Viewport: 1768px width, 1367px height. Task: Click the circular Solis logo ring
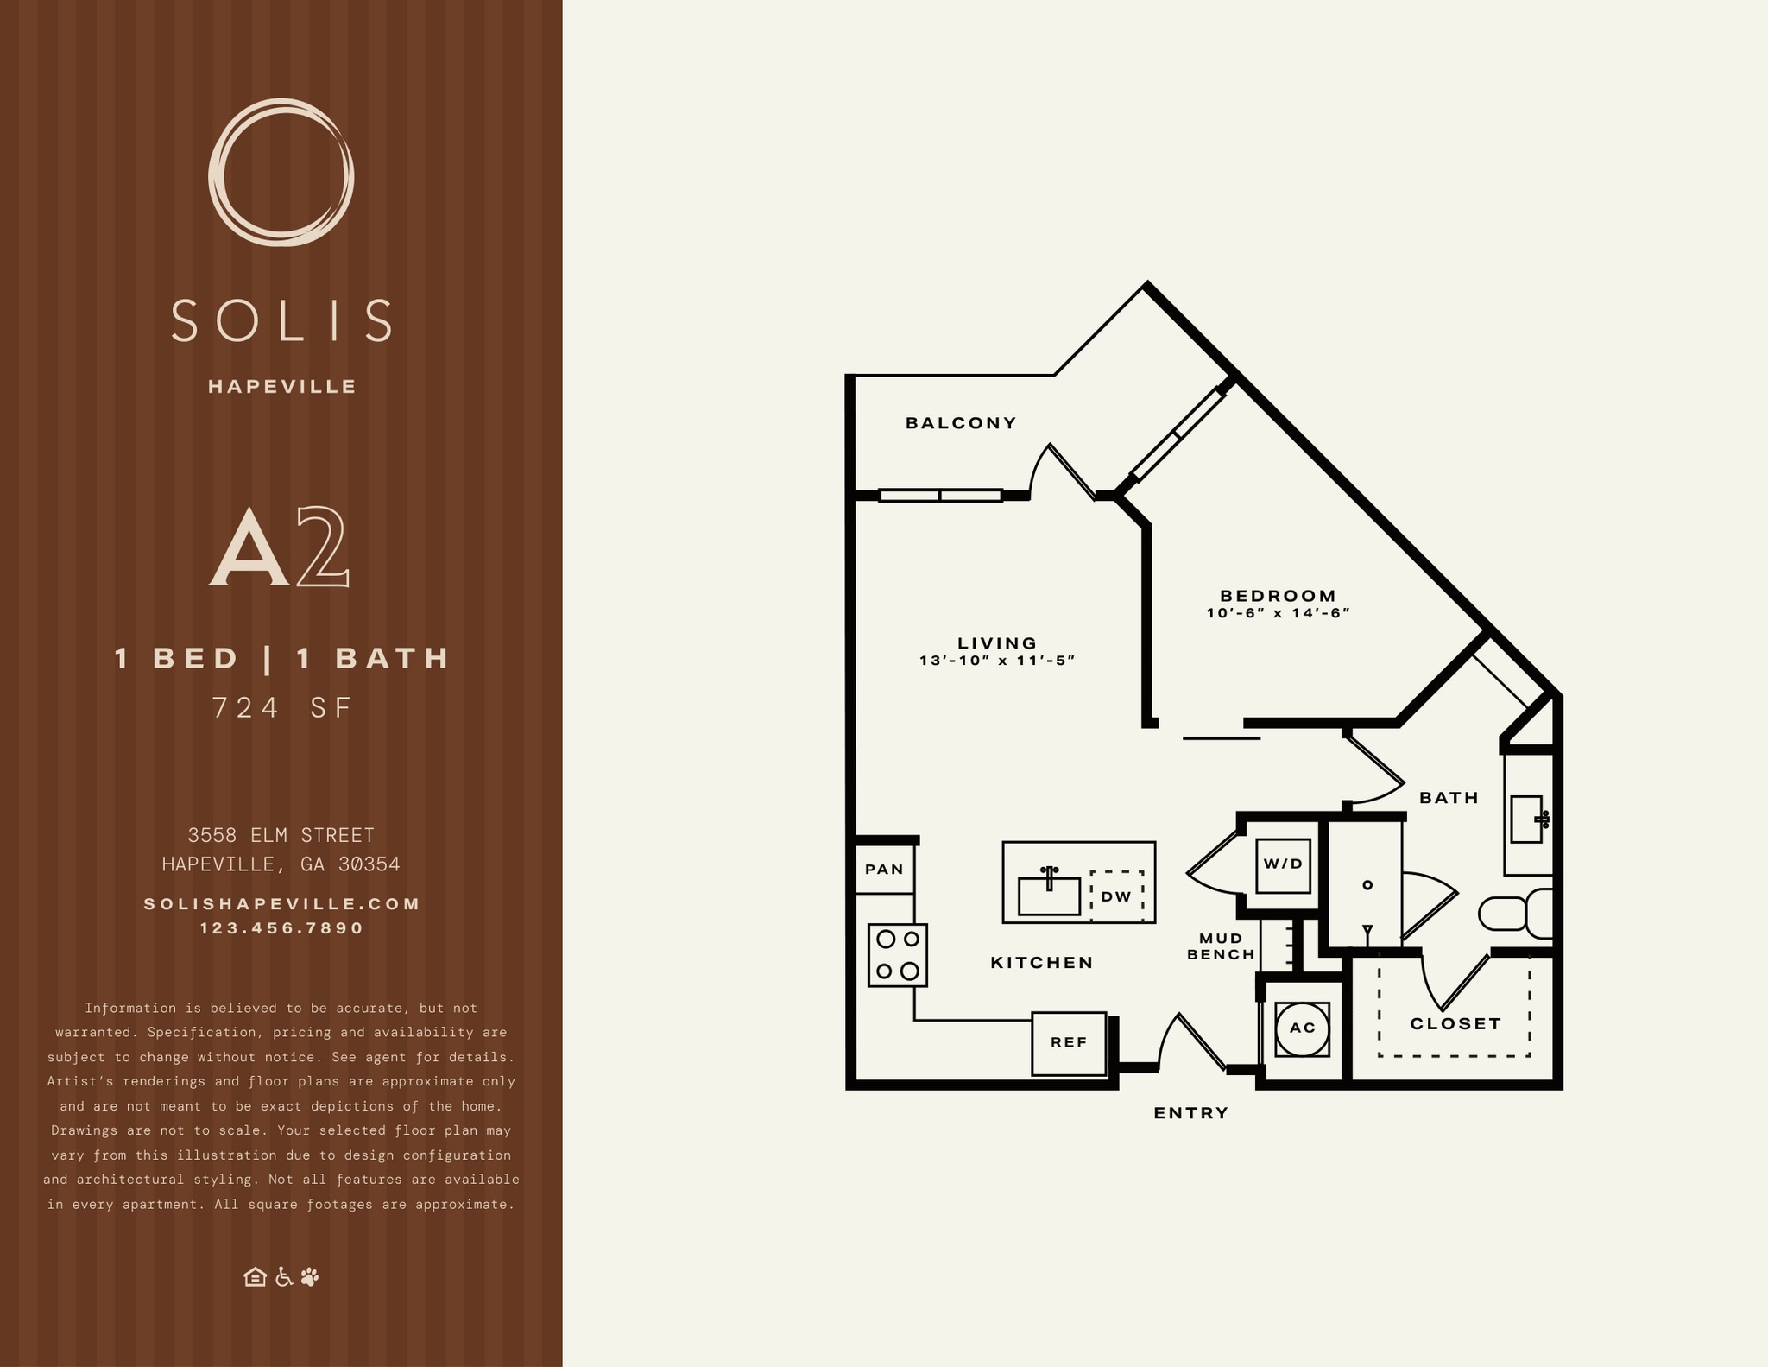click(x=281, y=172)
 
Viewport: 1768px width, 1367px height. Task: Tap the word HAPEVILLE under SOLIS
click(x=282, y=387)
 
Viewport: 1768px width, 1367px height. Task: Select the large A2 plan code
click(x=280, y=547)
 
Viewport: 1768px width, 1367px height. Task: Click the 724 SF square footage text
click(x=282, y=708)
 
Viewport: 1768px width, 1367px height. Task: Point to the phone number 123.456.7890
click(x=282, y=928)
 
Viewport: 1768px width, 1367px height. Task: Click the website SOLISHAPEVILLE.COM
click(x=282, y=904)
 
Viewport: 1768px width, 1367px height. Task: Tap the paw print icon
click(x=310, y=1276)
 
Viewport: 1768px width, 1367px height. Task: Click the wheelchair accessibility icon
click(x=283, y=1277)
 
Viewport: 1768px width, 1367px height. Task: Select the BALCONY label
click(x=961, y=423)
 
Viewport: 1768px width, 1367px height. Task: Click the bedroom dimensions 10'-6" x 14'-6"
click(x=1278, y=613)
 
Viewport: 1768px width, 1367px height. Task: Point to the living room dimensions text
click(x=997, y=661)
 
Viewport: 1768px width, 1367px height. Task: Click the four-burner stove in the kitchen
click(x=898, y=955)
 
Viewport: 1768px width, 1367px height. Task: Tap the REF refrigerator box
click(x=1069, y=1043)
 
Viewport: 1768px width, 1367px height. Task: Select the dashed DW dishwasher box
click(x=1116, y=896)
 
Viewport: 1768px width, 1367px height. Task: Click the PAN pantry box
click(x=885, y=870)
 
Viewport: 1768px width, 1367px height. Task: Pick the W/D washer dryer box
click(x=1283, y=864)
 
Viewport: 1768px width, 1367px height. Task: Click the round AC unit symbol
click(x=1302, y=1028)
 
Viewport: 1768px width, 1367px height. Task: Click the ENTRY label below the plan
click(x=1191, y=1113)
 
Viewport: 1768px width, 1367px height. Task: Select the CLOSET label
click(x=1455, y=1024)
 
